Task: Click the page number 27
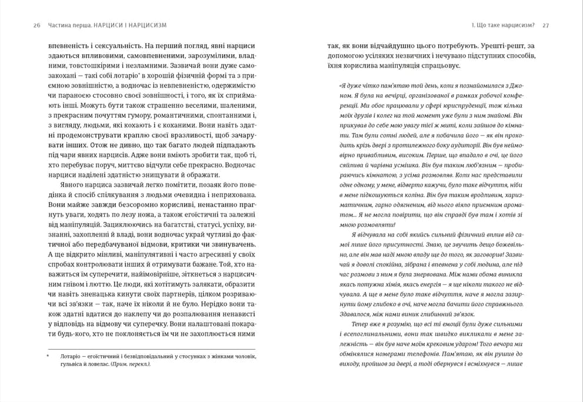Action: coord(545,25)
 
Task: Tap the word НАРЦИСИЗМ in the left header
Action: coord(145,25)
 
